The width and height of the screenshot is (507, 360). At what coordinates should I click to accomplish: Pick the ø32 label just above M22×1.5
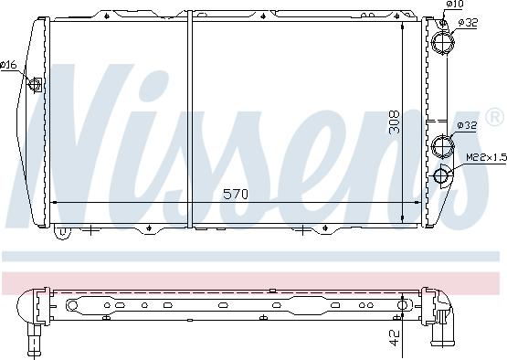click(466, 125)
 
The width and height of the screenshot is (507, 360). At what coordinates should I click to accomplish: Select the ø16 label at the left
click(8, 64)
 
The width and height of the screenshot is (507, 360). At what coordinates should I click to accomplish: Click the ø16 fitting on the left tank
click(37, 86)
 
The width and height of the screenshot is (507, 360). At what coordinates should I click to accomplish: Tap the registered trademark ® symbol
click(494, 117)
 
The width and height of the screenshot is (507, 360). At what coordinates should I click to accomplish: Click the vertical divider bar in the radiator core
click(190, 119)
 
